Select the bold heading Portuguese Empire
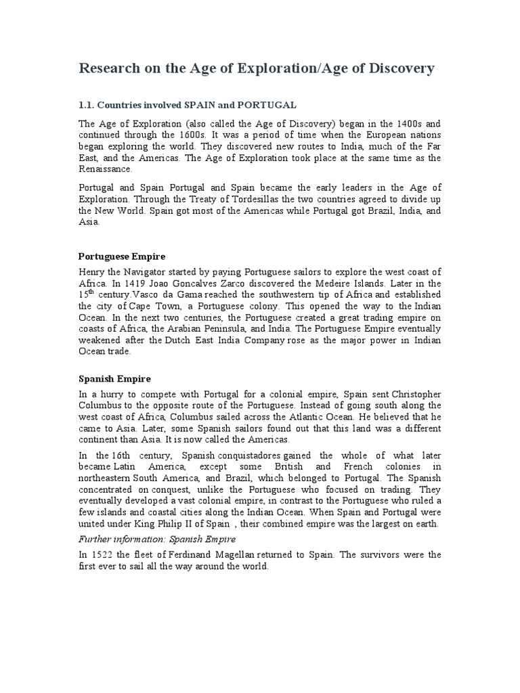[x=121, y=257]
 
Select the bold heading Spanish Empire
[x=114, y=379]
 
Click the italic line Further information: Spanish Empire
[x=157, y=539]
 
